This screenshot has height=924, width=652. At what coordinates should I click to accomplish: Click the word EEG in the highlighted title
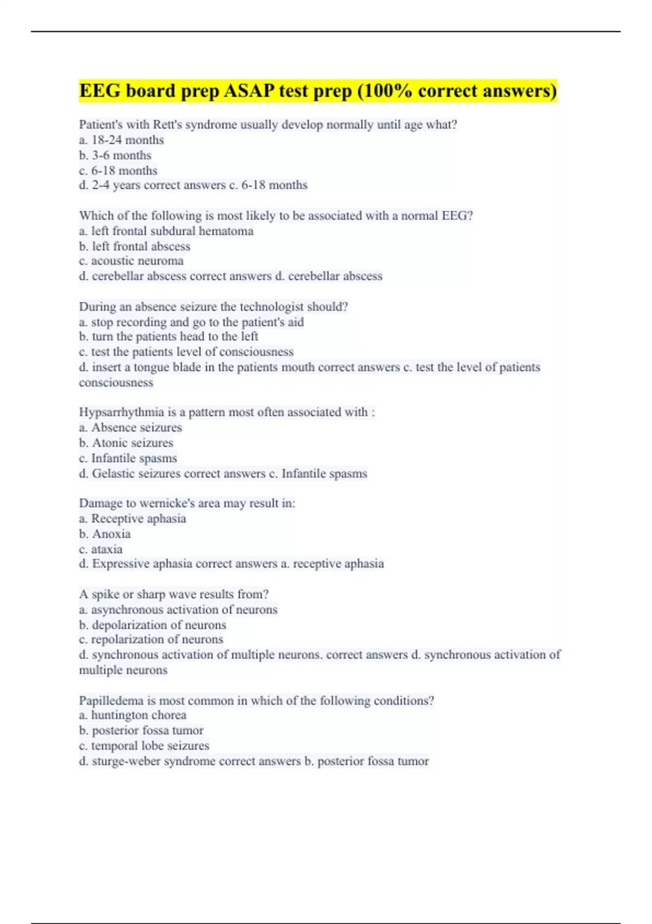click(x=100, y=91)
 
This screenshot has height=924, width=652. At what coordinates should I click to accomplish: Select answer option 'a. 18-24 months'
click(x=121, y=140)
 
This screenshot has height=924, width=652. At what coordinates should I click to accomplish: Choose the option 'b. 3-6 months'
click(x=115, y=155)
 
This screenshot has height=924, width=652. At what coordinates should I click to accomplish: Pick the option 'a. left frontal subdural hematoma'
click(x=166, y=231)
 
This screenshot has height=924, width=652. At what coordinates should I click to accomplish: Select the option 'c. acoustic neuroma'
click(x=131, y=261)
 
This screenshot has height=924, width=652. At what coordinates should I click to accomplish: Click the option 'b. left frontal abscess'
click(x=135, y=246)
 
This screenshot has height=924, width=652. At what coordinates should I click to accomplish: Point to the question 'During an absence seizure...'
click(x=214, y=307)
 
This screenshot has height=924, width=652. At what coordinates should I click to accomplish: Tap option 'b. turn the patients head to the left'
click(x=168, y=336)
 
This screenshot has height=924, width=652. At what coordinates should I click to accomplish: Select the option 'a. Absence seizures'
click(x=130, y=428)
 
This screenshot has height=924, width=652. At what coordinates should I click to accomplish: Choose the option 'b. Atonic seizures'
click(x=126, y=443)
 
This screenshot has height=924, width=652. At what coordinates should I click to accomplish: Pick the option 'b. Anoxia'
click(x=105, y=534)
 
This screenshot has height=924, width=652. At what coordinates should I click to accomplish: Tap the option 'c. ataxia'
click(x=101, y=549)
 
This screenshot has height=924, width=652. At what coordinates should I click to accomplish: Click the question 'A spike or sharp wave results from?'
click(x=174, y=595)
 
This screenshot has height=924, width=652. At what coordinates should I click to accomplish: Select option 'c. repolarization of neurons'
click(x=151, y=640)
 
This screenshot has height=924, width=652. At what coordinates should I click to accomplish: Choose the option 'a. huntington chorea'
click(x=133, y=715)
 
